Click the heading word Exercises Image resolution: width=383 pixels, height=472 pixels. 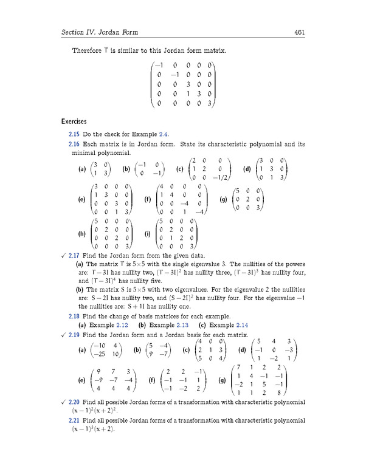coord(75,121)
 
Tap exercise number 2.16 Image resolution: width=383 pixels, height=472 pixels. coord(75,145)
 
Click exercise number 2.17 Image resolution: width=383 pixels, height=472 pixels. coord(75,256)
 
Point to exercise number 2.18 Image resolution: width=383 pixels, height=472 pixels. coord(75,316)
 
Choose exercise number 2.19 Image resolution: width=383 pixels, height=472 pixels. coord(75,335)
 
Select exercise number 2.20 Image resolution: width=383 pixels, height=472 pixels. coord(75,402)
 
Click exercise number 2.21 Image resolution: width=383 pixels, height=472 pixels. coord(75,420)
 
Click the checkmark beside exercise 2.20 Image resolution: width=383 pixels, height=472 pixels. coord(63,402)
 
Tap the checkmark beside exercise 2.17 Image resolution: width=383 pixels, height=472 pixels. coord(63,256)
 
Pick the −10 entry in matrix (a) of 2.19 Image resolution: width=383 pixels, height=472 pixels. coord(95,346)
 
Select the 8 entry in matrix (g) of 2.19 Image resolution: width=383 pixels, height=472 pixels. coord(278,393)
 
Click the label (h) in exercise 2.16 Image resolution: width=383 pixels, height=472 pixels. coord(82,234)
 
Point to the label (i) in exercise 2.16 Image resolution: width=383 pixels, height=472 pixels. coord(148,234)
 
